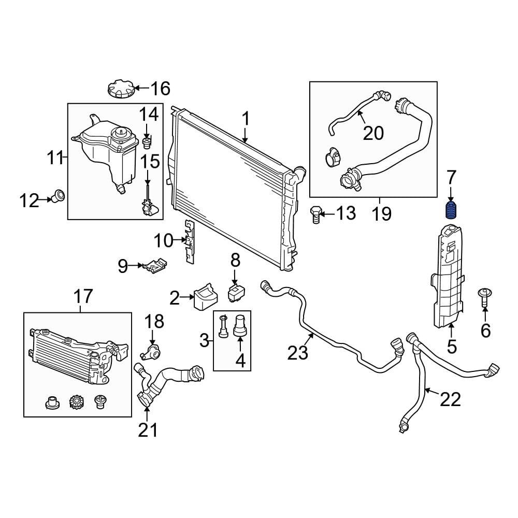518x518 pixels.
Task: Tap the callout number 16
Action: [x=160, y=89]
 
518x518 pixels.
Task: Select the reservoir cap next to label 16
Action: [x=121, y=89]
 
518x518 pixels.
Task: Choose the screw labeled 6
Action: [x=485, y=296]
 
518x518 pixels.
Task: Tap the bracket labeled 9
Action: [x=156, y=265]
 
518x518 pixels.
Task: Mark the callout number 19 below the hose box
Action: [x=381, y=213]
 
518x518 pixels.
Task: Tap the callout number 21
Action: [x=148, y=429]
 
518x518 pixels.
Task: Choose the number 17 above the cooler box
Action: [x=83, y=297]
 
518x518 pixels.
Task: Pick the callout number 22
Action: [x=450, y=399]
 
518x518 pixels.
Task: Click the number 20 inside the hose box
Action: [x=373, y=133]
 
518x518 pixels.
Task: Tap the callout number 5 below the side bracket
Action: [x=452, y=347]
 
